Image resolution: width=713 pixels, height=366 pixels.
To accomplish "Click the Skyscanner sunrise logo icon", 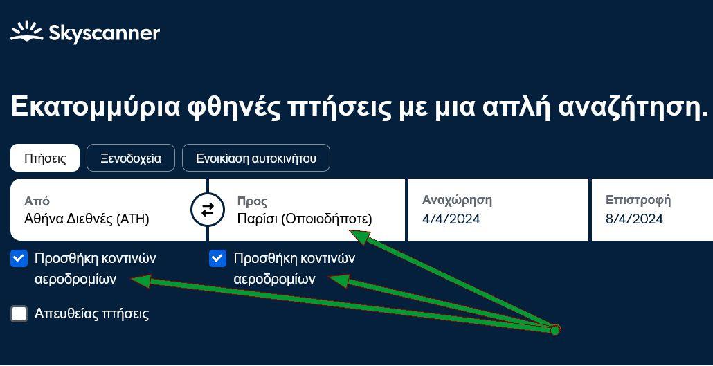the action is tap(27, 33).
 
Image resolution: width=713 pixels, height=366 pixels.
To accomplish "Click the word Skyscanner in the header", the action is tap(104, 34).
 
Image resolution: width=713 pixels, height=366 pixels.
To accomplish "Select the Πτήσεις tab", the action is tap(45, 158).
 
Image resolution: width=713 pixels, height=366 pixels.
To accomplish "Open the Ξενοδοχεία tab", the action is tap(131, 158).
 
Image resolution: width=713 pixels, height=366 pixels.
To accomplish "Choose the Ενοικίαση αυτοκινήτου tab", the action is tap(256, 158).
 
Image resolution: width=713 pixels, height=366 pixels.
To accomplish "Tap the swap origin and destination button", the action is tap(208, 210).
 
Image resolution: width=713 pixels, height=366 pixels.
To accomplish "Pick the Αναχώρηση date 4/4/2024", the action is tap(498, 210).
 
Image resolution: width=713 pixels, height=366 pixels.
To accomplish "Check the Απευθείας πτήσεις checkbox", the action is tap(19, 313).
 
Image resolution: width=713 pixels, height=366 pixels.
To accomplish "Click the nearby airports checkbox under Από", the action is tap(19, 259).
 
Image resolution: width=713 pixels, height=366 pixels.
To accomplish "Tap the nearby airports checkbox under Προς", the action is tap(217, 259).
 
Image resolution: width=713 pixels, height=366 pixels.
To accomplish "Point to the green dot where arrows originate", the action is tap(555, 329).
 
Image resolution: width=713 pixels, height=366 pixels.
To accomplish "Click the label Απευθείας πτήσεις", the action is tap(91, 313).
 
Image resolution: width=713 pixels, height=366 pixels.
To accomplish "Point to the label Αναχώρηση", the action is tap(457, 200).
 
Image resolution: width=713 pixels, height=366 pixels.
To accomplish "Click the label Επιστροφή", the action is tap(638, 200).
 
